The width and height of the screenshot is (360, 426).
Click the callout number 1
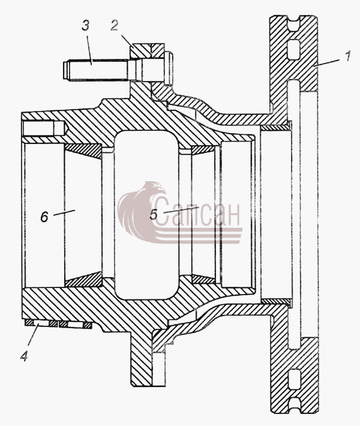click(x=348, y=56)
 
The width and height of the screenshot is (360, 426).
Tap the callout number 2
click(x=115, y=26)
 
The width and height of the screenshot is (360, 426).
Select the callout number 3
click(x=85, y=26)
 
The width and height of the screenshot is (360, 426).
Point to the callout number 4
click(x=24, y=356)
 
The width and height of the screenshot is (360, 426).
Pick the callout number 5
click(x=154, y=215)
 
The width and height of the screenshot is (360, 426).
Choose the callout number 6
click(x=44, y=217)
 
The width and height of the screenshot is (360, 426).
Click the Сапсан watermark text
click(x=197, y=211)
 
